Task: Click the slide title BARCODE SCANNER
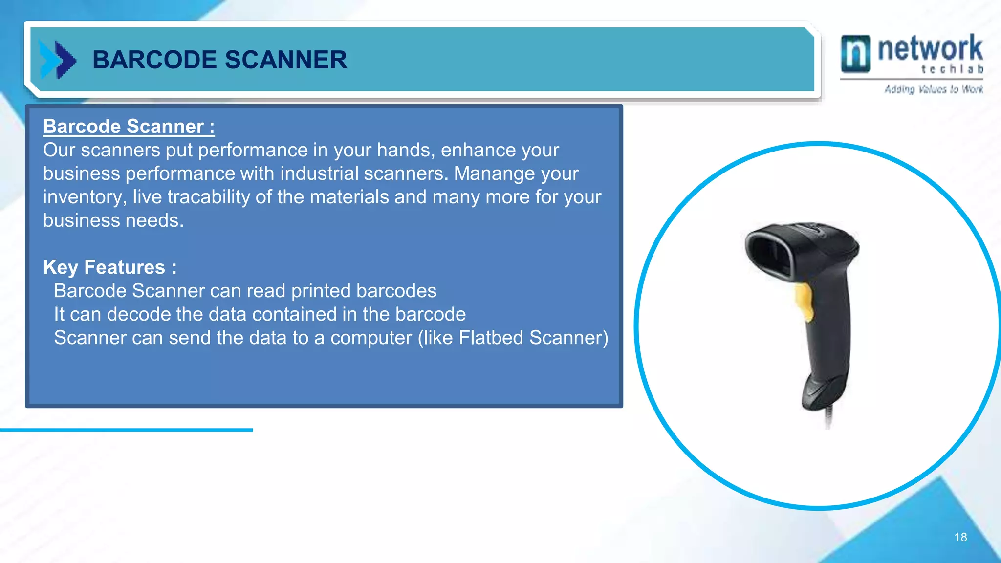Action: tap(219, 60)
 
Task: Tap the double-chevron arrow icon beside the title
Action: tap(58, 60)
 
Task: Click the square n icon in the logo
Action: tap(855, 53)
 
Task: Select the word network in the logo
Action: tap(930, 48)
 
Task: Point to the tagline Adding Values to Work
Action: tap(934, 89)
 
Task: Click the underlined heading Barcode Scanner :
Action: tap(129, 127)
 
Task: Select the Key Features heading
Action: tap(109, 267)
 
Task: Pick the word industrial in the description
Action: tap(319, 173)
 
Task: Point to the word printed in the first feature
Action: tap(321, 291)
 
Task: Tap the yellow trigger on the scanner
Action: tap(805, 301)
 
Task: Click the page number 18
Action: tap(960, 537)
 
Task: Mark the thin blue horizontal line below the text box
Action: tap(126, 430)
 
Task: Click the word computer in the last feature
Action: tap(371, 338)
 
